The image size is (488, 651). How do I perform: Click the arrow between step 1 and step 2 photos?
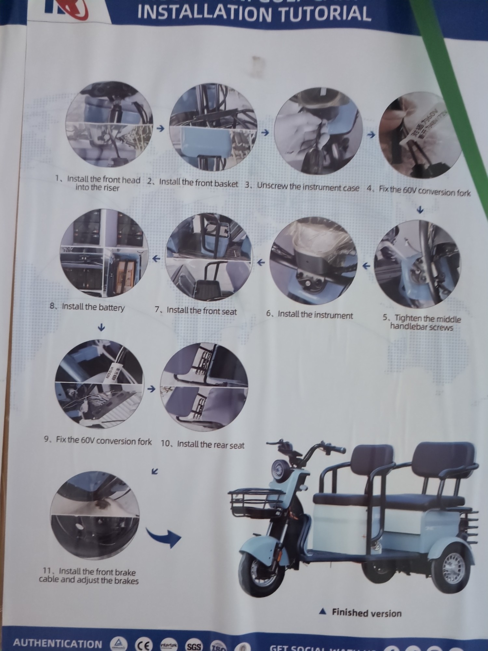pos(160,129)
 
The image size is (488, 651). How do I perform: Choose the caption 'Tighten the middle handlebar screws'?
pos(422,323)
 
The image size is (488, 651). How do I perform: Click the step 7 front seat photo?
pos(209,257)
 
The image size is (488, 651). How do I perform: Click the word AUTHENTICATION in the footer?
pos(58,644)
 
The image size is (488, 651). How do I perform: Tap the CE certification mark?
pos(142,644)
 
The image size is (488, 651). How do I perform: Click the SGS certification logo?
pos(194,645)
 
